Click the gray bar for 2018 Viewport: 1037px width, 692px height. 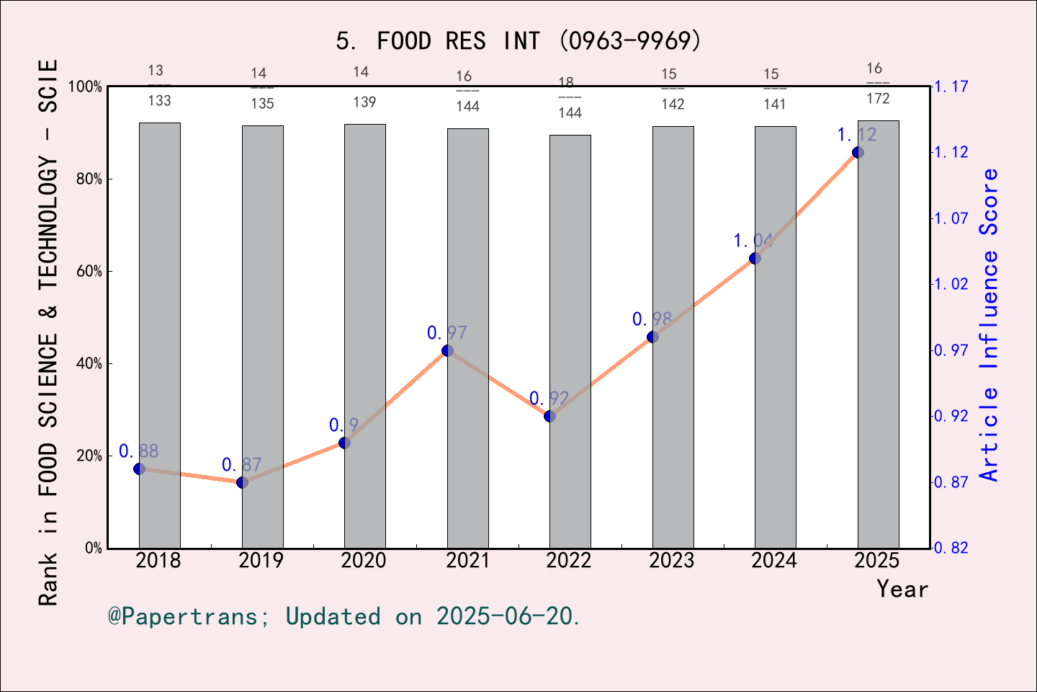159,335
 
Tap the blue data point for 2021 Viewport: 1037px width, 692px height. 447,350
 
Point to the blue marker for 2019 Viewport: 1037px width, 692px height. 242,482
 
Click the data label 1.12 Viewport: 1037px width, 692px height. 856,135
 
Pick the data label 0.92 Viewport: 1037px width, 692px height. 549,399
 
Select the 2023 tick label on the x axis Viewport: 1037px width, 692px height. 671,561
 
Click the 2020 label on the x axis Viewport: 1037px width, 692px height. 364,561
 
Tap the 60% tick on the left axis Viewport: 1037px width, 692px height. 89,272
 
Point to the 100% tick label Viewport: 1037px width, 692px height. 85,87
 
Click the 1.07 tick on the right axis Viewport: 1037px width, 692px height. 951,218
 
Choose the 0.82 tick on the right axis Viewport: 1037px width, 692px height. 951,548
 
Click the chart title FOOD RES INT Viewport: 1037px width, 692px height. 518,41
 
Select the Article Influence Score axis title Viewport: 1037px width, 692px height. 989,324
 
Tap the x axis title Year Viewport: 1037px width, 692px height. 902,589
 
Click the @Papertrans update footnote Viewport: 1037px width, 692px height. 344,616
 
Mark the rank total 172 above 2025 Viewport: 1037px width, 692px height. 878,99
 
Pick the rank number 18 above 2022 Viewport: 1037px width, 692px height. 567,82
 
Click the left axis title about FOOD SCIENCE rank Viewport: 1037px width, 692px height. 48,332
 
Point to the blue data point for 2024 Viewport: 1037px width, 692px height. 755,258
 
